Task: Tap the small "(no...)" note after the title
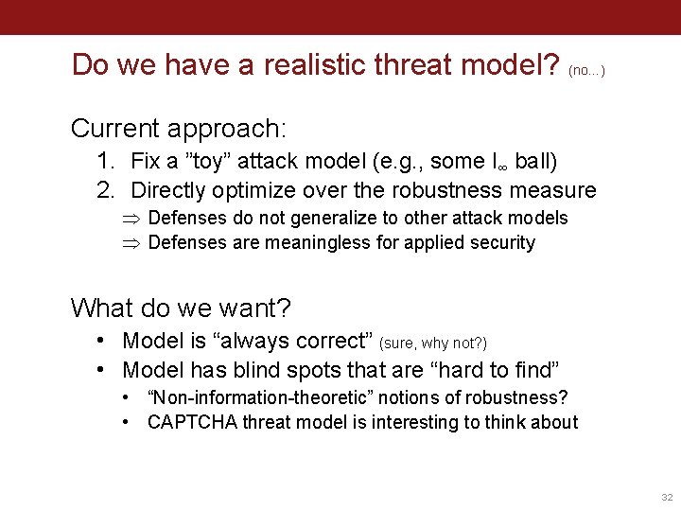[586, 70]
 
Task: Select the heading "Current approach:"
[179, 127]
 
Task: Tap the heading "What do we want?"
[181, 308]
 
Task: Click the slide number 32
[666, 497]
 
